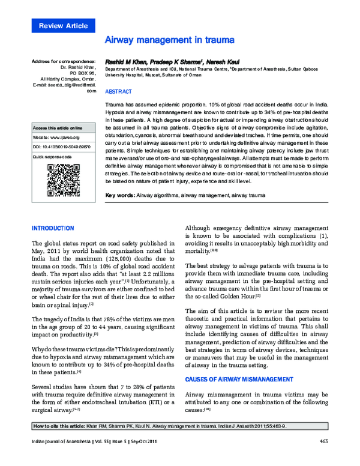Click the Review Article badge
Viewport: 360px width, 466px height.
click(x=63, y=26)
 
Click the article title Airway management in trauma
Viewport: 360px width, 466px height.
click(x=169, y=40)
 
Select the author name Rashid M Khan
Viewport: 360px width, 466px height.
click(x=125, y=61)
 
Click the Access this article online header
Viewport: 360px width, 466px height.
click(x=58, y=128)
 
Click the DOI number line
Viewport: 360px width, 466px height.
click(x=61, y=147)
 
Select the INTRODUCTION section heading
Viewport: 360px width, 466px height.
click(x=52, y=228)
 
